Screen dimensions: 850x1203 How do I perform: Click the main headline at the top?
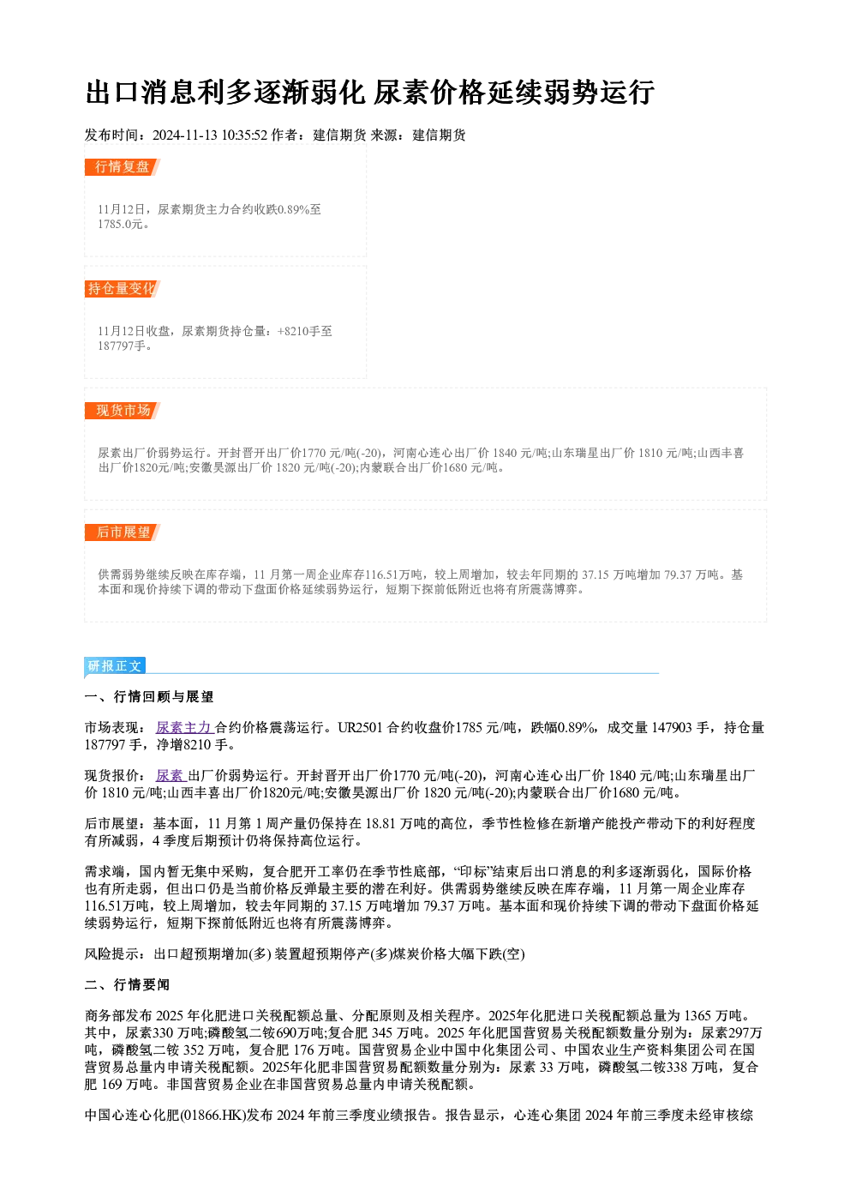(369, 92)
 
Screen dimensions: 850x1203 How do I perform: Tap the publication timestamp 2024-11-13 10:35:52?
(210, 135)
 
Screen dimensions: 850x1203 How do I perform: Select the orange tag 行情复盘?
(123, 167)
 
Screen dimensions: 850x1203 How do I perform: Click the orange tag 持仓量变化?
(123, 289)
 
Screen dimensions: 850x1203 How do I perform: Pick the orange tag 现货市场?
(123, 411)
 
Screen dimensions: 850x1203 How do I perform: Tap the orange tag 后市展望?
(123, 532)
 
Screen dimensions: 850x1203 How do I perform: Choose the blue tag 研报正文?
(115, 666)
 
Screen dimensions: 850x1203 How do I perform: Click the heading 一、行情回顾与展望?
(149, 697)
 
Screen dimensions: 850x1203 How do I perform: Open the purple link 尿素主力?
(185, 728)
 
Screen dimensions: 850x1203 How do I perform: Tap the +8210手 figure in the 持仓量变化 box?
(299, 331)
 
